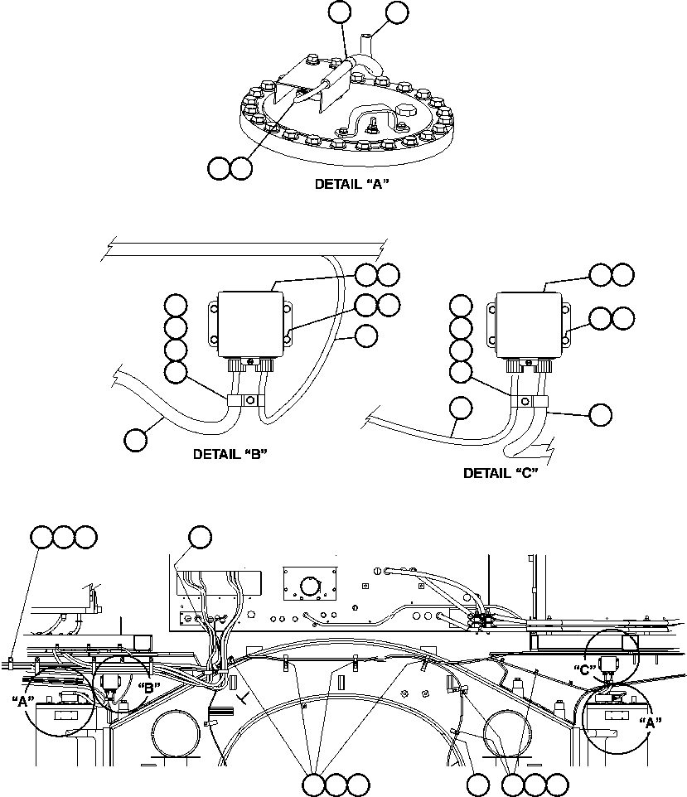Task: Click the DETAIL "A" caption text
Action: click(351, 185)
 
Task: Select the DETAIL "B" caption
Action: click(230, 454)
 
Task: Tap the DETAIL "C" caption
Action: click(501, 473)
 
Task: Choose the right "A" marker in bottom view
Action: click(651, 722)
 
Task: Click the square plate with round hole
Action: click(310, 585)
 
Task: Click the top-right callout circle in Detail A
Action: click(397, 12)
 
